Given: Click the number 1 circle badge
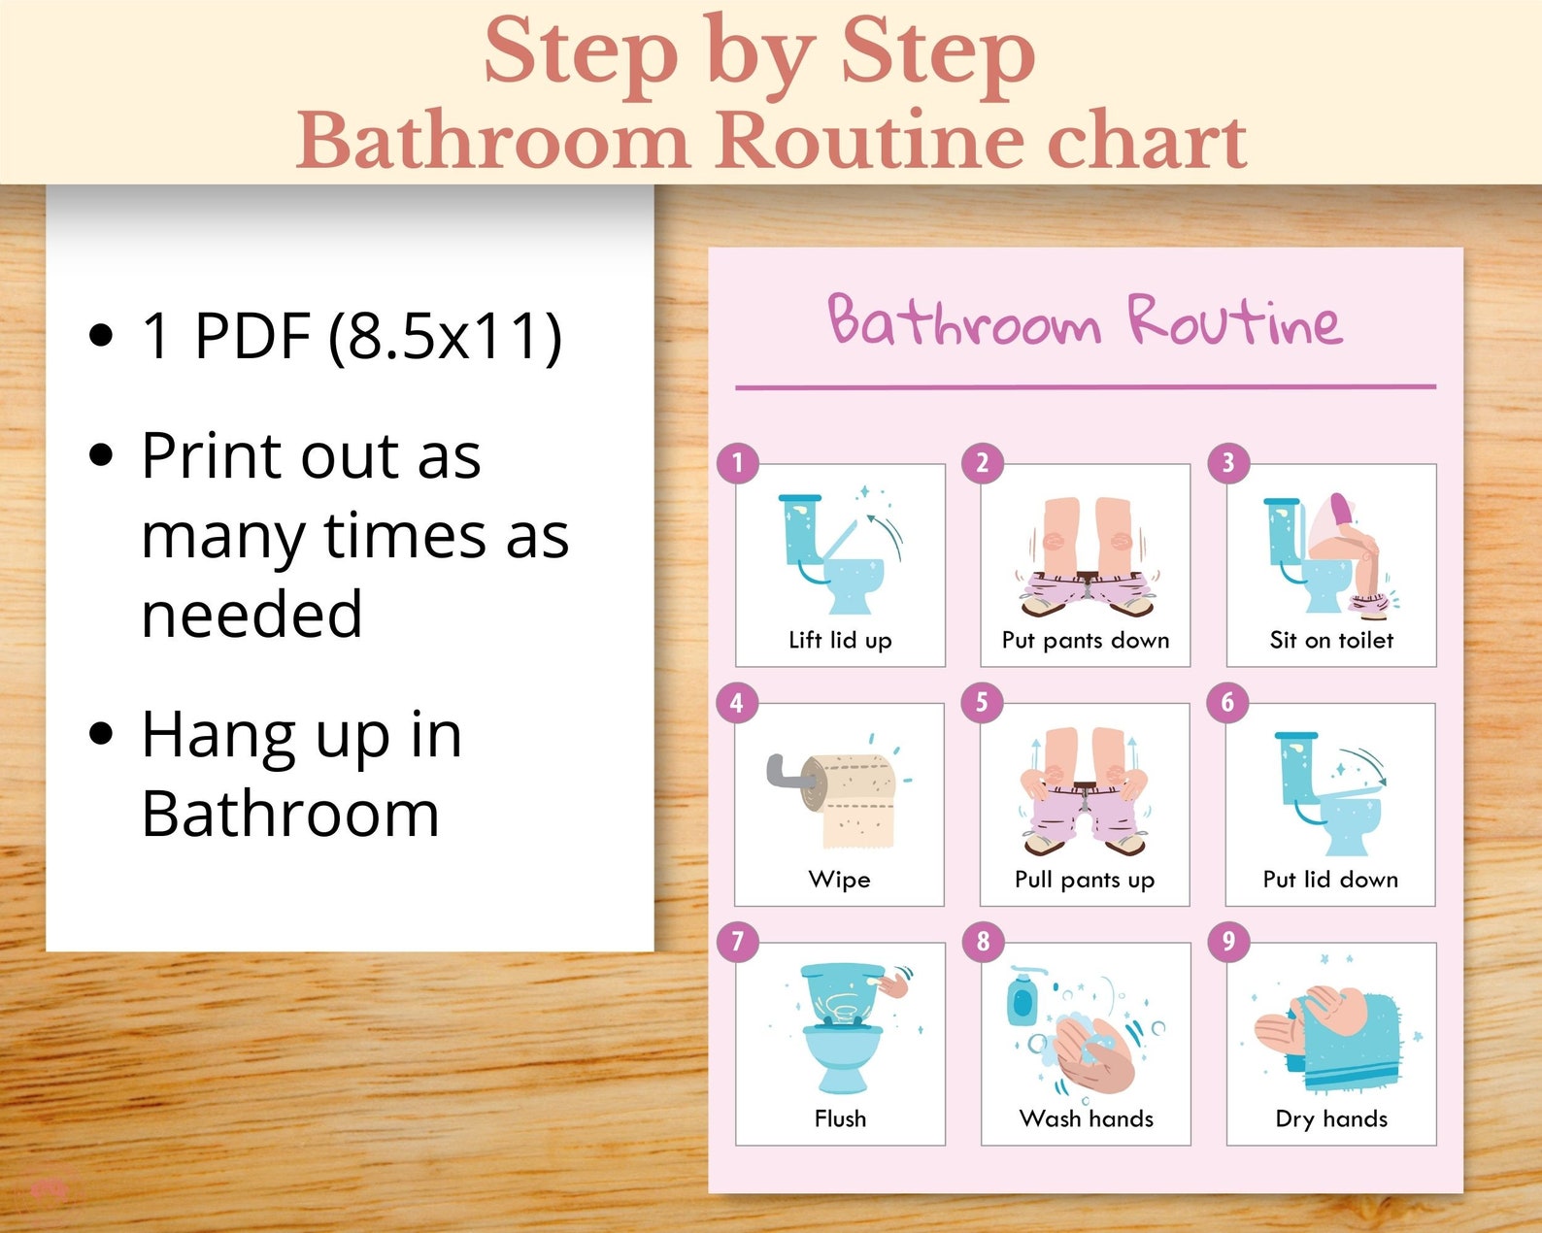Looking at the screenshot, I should click(737, 463).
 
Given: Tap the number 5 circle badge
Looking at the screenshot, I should click(982, 702).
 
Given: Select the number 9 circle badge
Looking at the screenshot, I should click(1228, 941).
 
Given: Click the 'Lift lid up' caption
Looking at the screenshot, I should click(840, 640).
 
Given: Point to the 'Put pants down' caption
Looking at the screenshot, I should click(1086, 640).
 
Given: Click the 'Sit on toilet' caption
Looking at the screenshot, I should click(1331, 640).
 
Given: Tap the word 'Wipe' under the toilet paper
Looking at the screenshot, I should click(839, 880).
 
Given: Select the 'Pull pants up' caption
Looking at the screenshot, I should click(1085, 880).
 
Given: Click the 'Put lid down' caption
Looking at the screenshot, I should click(1330, 880).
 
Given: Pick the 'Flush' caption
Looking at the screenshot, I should click(840, 1118).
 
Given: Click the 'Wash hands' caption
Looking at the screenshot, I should click(1087, 1118).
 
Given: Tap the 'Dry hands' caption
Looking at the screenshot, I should click(1331, 1118).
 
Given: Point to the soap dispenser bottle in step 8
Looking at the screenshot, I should click(1021, 998).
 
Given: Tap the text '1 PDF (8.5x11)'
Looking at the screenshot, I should click(352, 336).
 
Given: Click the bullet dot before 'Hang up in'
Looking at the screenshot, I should click(101, 734).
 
